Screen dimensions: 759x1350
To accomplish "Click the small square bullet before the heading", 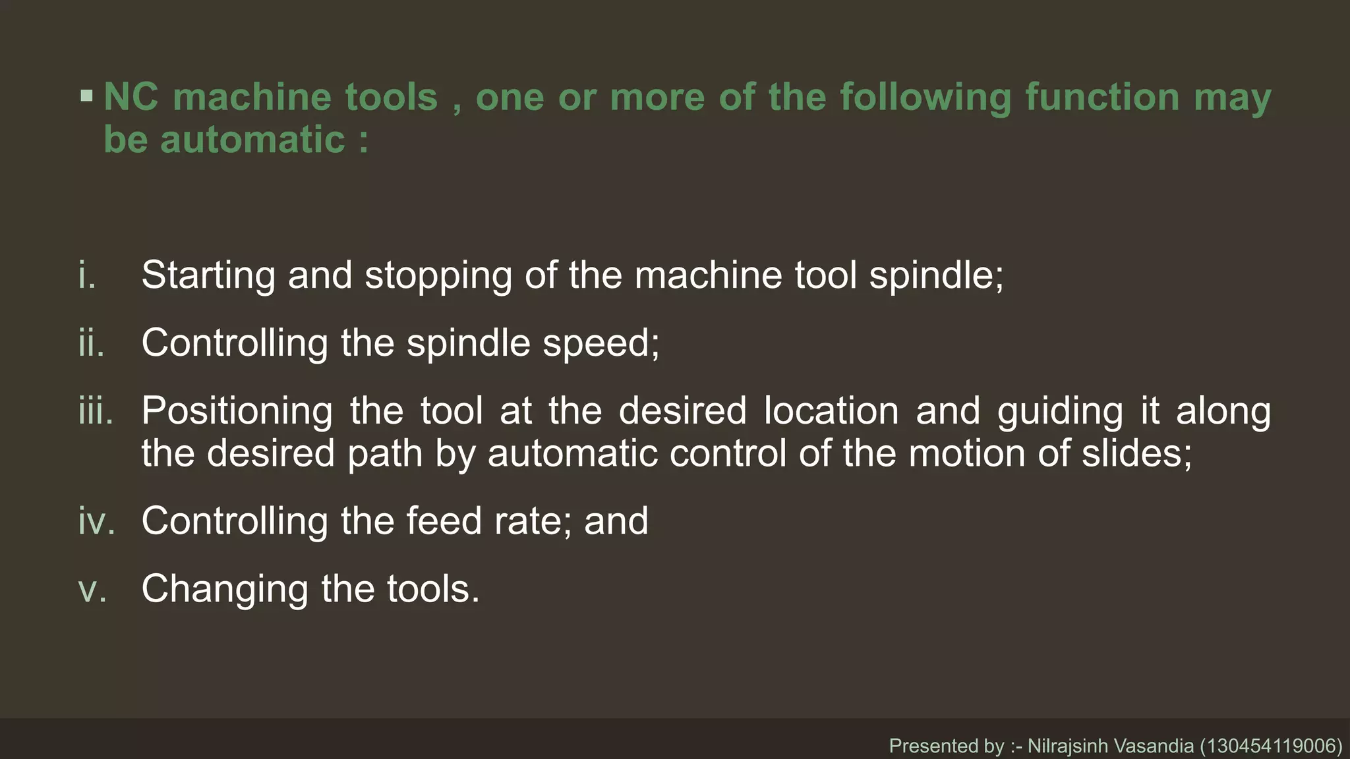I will (x=86, y=96).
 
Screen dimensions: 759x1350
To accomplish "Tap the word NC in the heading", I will (x=131, y=98).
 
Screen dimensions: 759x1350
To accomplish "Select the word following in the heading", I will (x=925, y=98).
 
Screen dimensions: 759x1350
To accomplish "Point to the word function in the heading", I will (x=1102, y=98).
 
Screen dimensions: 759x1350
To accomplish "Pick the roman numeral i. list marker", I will (x=87, y=275).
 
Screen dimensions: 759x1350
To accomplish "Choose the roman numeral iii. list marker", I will (x=96, y=411).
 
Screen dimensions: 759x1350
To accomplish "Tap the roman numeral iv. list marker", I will (x=96, y=521).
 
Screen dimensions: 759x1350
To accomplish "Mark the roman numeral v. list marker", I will (x=92, y=589).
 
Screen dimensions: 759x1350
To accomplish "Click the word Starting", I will (x=208, y=275).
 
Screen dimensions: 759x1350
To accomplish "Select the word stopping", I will (x=438, y=275).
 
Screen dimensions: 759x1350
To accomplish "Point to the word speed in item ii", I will (x=600, y=343).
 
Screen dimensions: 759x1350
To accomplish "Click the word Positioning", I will (x=237, y=412).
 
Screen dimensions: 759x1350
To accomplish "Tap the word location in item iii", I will (x=831, y=411).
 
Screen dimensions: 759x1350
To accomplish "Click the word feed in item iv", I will (x=444, y=521).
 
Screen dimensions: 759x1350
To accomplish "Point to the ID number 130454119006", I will (x=1271, y=746).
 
